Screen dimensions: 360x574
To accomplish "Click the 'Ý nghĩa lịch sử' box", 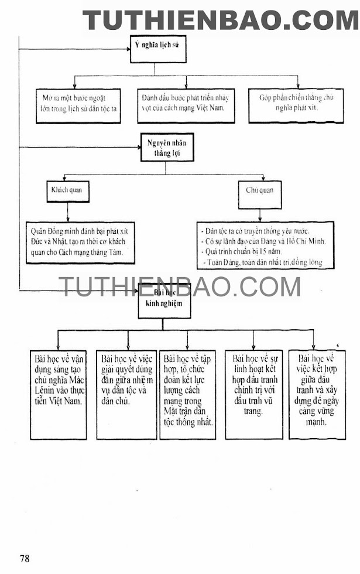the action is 158,49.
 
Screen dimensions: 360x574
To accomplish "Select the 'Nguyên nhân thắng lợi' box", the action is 166,147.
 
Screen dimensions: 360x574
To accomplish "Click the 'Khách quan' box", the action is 68,192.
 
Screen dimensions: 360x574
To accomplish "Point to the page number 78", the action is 24,558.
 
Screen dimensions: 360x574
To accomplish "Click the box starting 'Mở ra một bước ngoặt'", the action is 78,105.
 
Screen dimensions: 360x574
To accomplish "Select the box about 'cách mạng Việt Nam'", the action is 186,105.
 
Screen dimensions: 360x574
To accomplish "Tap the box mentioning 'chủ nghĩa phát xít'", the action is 296,105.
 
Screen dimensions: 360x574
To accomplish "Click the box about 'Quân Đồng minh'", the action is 80,242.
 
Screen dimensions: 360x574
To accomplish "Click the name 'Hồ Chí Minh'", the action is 305,241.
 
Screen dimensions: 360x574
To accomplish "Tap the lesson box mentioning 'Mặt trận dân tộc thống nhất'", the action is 187,394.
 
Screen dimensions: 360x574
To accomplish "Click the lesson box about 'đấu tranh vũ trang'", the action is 253,394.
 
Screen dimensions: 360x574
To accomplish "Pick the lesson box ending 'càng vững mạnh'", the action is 317,394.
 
